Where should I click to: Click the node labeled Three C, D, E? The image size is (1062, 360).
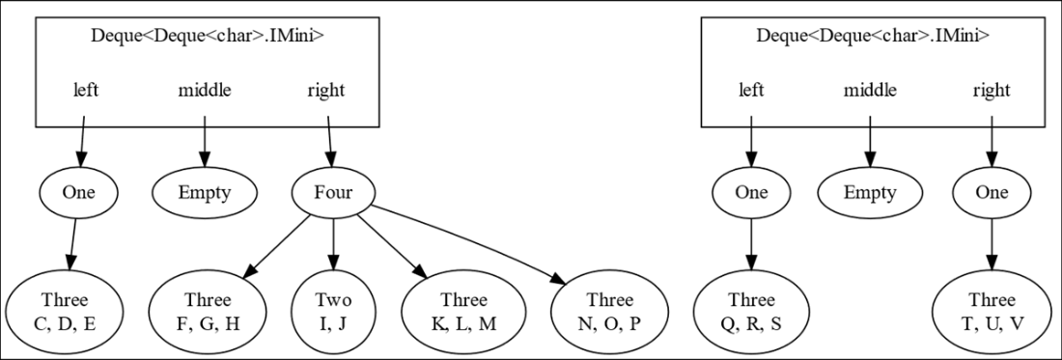click(x=65, y=311)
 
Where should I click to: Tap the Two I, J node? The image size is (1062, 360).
click(x=333, y=311)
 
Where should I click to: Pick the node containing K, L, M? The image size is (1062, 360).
click(x=463, y=311)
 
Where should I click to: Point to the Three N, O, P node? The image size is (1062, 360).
click(x=610, y=311)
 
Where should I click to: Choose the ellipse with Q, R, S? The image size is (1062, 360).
click(x=750, y=311)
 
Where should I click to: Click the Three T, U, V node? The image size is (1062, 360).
click(x=992, y=311)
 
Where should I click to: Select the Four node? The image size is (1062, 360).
click(x=333, y=193)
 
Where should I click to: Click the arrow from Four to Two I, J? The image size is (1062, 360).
click(x=333, y=243)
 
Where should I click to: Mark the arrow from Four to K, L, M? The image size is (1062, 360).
click(x=392, y=246)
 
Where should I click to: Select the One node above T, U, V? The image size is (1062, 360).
click(x=992, y=193)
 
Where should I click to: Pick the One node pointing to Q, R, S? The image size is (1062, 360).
click(x=750, y=193)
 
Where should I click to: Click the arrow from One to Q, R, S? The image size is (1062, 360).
click(x=750, y=243)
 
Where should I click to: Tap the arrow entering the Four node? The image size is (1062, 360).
click(x=330, y=142)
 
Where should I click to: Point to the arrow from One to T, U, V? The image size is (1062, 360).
click(x=992, y=243)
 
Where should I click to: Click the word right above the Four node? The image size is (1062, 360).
click(x=325, y=90)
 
